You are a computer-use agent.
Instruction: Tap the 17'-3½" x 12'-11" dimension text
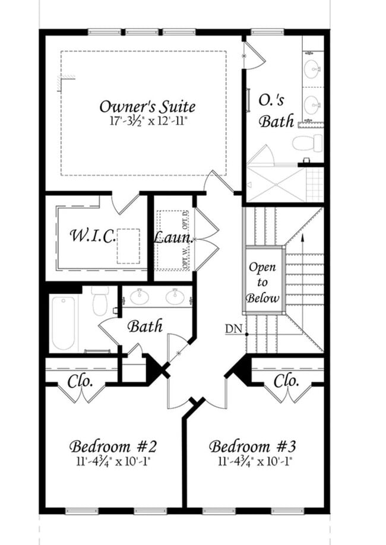click(x=147, y=121)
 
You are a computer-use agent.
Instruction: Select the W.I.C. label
click(x=92, y=236)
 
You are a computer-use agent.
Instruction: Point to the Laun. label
click(x=174, y=237)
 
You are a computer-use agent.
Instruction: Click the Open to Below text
click(x=262, y=283)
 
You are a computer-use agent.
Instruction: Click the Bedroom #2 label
click(x=113, y=446)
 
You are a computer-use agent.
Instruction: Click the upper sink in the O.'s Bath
click(x=312, y=70)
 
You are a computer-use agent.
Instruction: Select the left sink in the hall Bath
click(x=140, y=296)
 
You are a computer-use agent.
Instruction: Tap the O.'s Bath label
click(x=277, y=111)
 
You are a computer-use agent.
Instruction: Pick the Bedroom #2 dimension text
click(x=113, y=460)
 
